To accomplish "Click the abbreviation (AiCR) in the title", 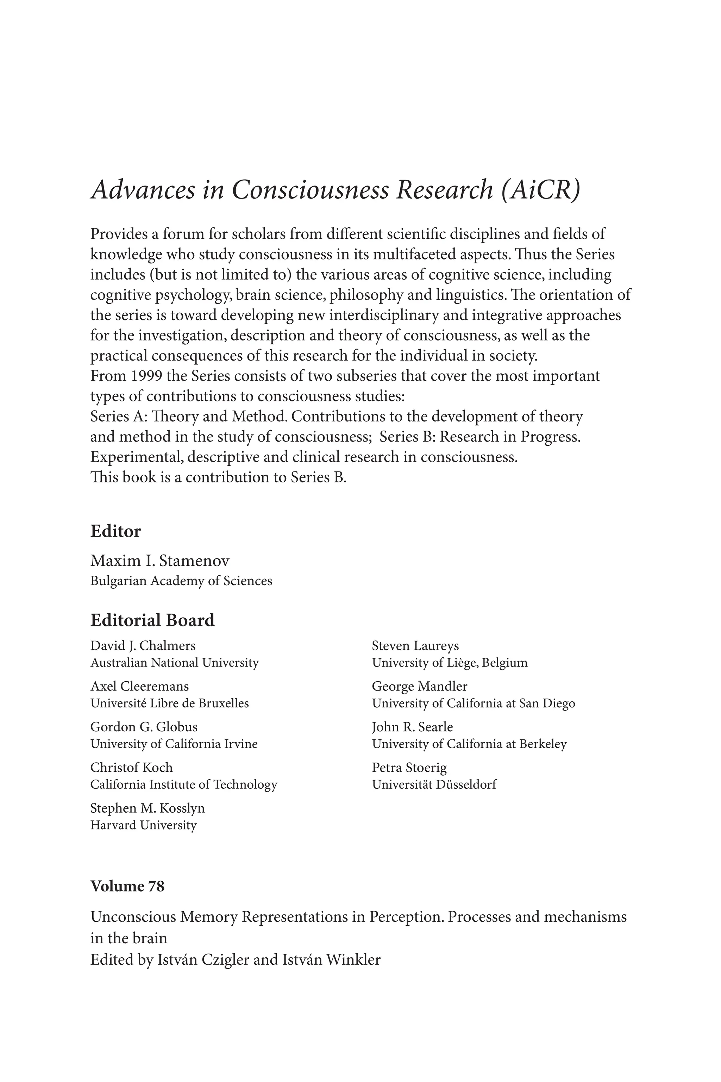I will (x=541, y=189).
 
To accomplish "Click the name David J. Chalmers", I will (x=143, y=646).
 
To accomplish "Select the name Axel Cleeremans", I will (x=139, y=686).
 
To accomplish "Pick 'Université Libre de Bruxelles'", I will (x=169, y=703).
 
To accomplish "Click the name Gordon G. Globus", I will (x=144, y=726).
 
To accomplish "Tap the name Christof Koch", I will (x=132, y=767).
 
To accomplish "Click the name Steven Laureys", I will (x=415, y=646).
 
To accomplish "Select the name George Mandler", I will (x=419, y=686).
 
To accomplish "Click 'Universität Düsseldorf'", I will (x=434, y=784).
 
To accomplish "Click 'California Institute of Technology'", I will (x=183, y=784).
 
